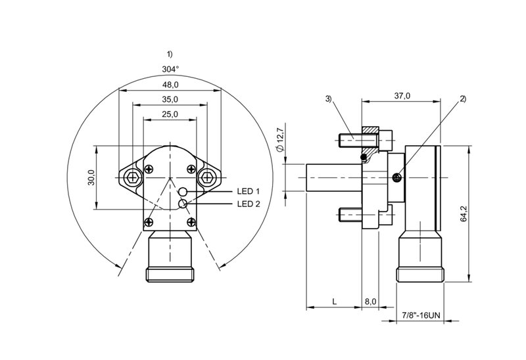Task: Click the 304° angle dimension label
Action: pyautogui.click(x=170, y=70)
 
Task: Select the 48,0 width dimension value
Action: pyautogui.click(x=170, y=85)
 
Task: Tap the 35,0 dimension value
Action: pyautogui.click(x=170, y=100)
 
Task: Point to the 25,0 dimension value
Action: pyautogui.click(x=170, y=114)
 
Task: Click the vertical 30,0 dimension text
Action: pyautogui.click(x=92, y=177)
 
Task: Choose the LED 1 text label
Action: pyautogui.click(x=249, y=191)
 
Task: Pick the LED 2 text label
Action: pyautogui.click(x=249, y=204)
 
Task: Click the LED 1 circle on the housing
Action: pyautogui.click(x=183, y=191)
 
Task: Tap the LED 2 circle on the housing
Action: pyautogui.click(x=183, y=204)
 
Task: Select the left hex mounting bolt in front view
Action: pyautogui.click(x=133, y=177)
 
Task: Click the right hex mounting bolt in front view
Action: pyautogui.click(x=207, y=177)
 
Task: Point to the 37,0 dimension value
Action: pyautogui.click(x=402, y=96)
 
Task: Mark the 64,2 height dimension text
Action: pyautogui.click(x=464, y=214)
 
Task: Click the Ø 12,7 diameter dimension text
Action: pyautogui.click(x=281, y=139)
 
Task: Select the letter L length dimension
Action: pyautogui.click(x=334, y=302)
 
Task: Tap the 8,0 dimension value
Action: pyautogui.click(x=370, y=302)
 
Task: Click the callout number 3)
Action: pyautogui.click(x=328, y=99)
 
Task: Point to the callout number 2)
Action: pyautogui.click(x=463, y=99)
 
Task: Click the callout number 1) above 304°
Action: pyautogui.click(x=170, y=54)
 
